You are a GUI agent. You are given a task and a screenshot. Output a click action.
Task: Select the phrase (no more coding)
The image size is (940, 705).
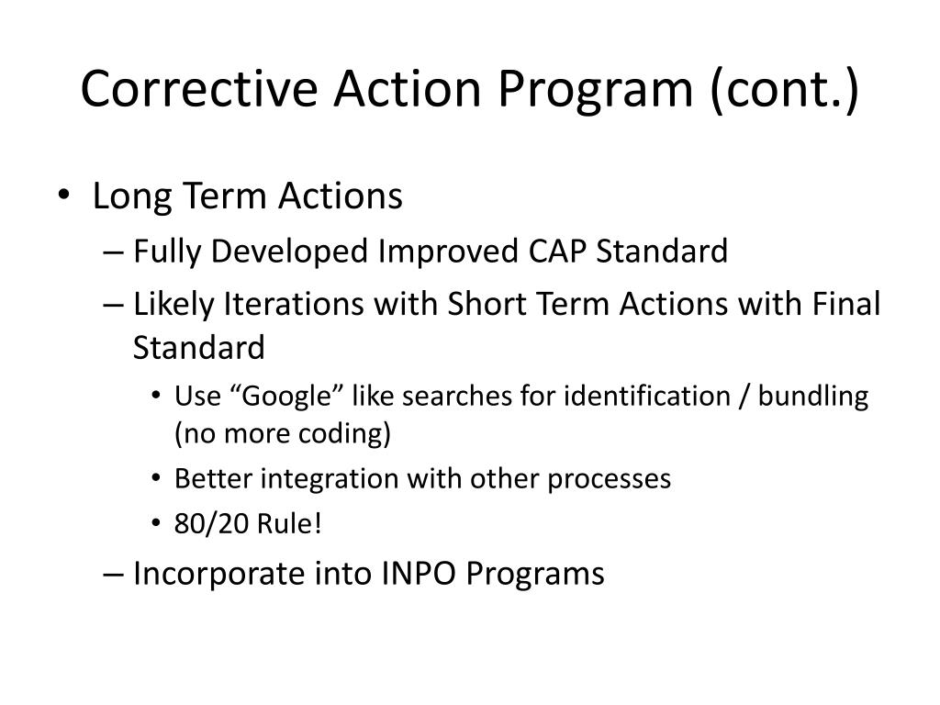tap(283, 433)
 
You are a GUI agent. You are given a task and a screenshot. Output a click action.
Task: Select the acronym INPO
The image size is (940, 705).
tap(416, 574)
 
